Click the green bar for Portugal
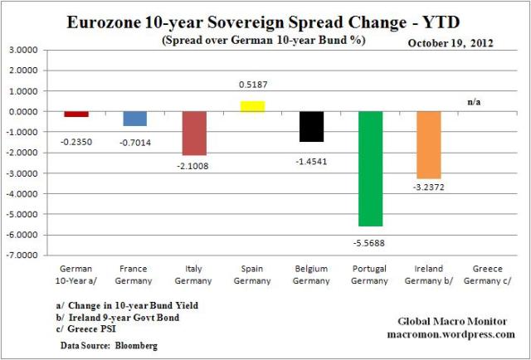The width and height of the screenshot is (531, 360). pos(370,168)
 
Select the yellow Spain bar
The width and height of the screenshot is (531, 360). pos(252,106)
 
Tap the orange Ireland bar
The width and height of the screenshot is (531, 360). pos(429,144)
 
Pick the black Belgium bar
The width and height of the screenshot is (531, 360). pos(311,126)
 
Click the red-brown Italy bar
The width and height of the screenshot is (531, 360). pos(193,133)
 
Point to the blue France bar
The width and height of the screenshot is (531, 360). pos(134,119)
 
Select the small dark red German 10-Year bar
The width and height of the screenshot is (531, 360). pos(76,114)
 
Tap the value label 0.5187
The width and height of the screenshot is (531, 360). pos(252,85)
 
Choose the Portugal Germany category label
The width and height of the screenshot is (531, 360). pos(370,275)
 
